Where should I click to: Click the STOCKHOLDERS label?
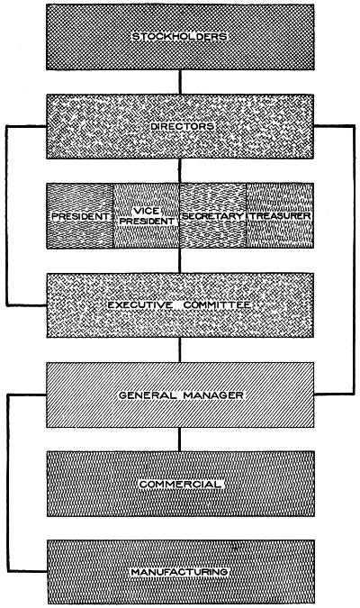(179, 37)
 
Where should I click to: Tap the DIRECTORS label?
(182, 126)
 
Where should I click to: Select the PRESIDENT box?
(80, 215)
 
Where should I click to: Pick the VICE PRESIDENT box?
(147, 215)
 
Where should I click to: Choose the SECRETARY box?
(212, 215)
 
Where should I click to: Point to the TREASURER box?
(280, 215)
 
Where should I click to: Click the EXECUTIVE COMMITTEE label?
(179, 305)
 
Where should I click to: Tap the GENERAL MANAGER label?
(181, 395)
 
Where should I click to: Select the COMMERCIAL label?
(180, 484)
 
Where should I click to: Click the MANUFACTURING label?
(179, 572)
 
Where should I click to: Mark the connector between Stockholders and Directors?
(180, 82)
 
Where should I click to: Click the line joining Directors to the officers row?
(180, 171)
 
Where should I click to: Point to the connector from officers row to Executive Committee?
(180, 260)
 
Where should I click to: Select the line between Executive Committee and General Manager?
(180, 349)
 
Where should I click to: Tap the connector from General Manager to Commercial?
(179, 440)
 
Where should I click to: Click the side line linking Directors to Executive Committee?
(6, 215)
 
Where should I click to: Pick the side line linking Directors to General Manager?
(354, 259)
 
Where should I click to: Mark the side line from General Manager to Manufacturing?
(8, 483)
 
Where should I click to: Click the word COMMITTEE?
(218, 305)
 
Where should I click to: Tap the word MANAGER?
(213, 395)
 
